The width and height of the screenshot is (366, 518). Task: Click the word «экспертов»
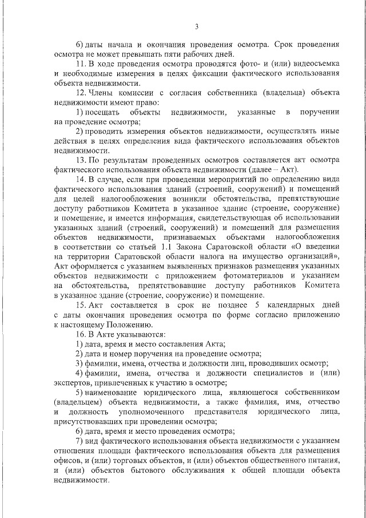click(75, 382)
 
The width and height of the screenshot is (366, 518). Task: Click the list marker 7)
click(79, 441)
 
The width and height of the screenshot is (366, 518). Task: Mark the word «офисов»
click(68, 461)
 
